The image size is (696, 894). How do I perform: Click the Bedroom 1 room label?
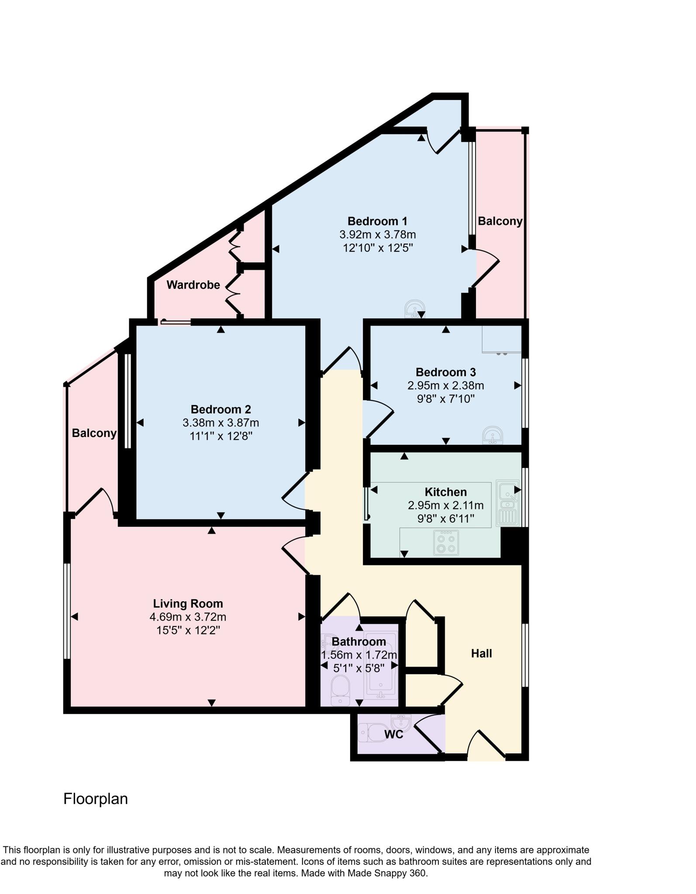[377, 221]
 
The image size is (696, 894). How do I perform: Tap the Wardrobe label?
[193, 285]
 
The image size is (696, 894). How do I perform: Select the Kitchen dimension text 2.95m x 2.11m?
[445, 505]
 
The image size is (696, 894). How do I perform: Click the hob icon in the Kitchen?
[446, 543]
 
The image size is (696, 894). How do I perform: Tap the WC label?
[393, 735]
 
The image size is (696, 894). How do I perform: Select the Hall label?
[481, 653]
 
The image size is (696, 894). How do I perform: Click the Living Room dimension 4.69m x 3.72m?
[188, 617]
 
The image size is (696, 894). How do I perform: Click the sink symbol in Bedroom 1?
[414, 309]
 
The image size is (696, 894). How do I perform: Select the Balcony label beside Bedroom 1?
[500, 221]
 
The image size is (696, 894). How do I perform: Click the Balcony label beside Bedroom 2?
[94, 433]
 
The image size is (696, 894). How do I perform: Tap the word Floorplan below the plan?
[96, 799]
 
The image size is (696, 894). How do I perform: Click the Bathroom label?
[358, 642]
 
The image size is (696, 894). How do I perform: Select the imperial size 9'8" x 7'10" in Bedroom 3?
[445, 399]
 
